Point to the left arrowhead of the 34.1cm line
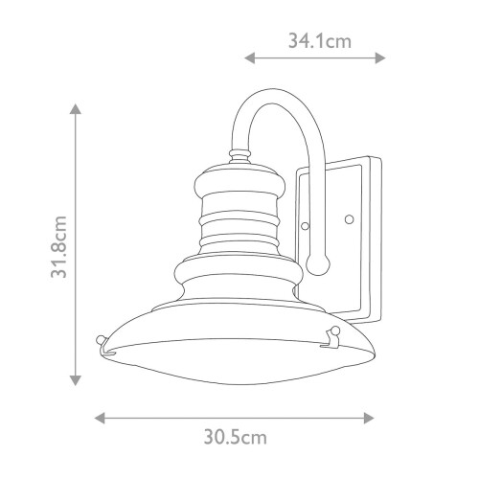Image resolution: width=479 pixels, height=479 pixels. pyautogui.click(x=248, y=58)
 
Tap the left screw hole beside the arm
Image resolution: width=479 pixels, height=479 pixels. pyautogui.click(x=305, y=226)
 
